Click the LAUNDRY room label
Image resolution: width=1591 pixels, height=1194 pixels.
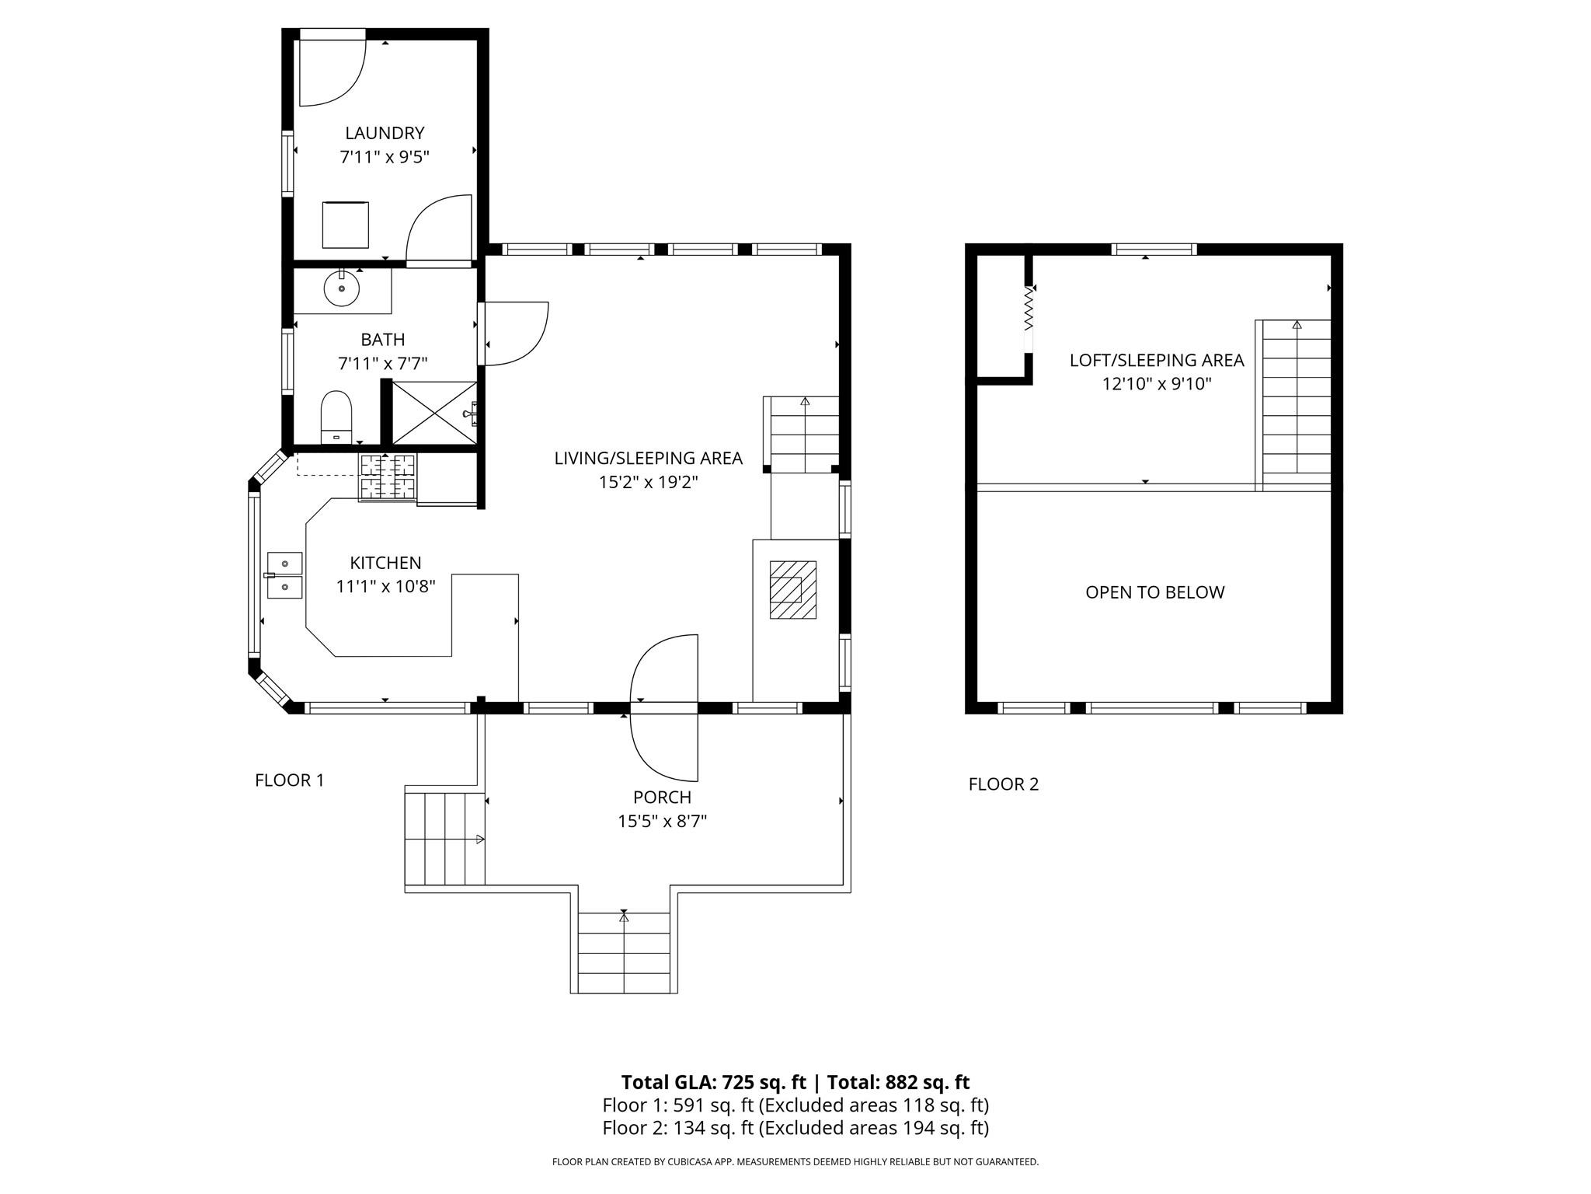[x=385, y=133]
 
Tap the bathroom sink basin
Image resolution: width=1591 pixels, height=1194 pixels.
[x=342, y=289]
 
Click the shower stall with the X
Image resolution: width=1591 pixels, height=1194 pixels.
[x=434, y=413]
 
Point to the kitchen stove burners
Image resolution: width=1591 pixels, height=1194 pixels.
[x=387, y=477]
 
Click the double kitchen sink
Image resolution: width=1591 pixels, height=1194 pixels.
[x=284, y=575]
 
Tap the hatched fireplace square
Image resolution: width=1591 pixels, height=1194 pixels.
[x=792, y=589]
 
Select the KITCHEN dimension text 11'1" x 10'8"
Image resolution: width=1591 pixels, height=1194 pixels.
[x=385, y=587]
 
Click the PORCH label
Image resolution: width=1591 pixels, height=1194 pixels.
[x=662, y=797]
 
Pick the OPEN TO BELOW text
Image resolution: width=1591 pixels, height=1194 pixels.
[x=1154, y=592]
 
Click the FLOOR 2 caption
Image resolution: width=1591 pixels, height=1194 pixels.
[x=1003, y=784]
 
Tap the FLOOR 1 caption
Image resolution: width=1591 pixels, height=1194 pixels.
[x=289, y=780]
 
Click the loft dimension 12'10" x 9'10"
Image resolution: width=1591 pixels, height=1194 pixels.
[x=1157, y=384]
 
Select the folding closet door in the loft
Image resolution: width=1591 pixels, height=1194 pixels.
[x=1029, y=319]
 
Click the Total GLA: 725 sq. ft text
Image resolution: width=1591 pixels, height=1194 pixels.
[x=713, y=1082]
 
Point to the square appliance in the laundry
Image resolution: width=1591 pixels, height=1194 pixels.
[x=345, y=225]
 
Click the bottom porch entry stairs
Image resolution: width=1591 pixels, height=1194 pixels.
[x=624, y=953]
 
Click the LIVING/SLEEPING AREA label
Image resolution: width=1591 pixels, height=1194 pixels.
[x=648, y=459]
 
